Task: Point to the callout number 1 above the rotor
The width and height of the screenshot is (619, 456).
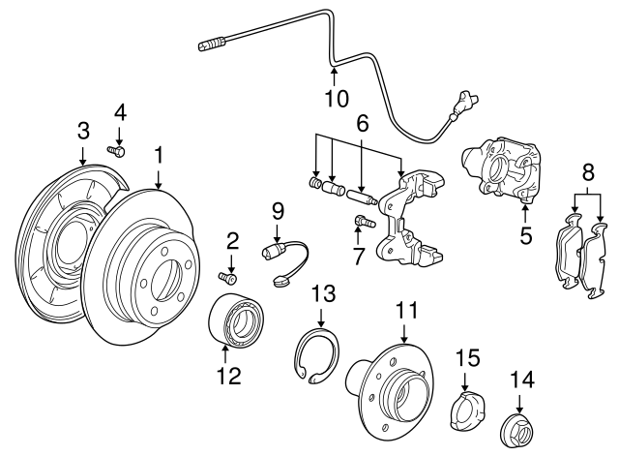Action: click(158, 155)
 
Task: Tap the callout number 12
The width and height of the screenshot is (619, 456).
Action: click(227, 377)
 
